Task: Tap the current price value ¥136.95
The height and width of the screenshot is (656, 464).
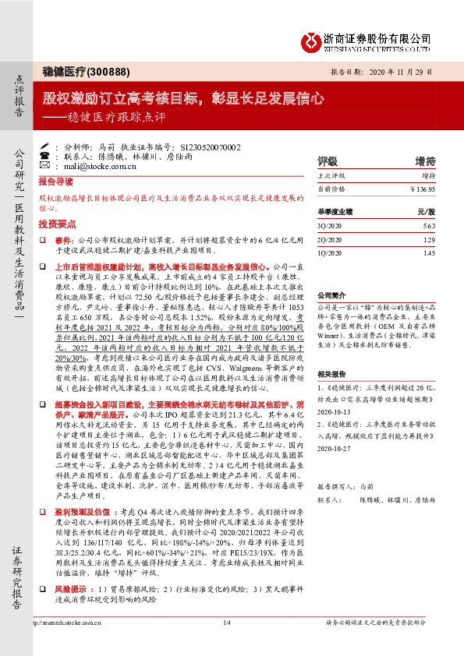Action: (x=422, y=189)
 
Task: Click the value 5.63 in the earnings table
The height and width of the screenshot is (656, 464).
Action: (x=428, y=227)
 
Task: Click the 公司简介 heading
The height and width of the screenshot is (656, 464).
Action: (x=330, y=296)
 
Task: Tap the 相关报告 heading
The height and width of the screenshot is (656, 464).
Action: (x=330, y=373)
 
